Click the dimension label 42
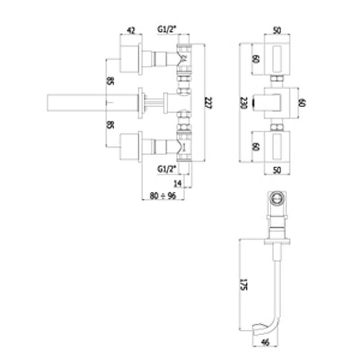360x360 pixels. point(131,30)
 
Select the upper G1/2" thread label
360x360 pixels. point(167,29)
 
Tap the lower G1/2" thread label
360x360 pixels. point(167,169)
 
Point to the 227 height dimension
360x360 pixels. point(209,103)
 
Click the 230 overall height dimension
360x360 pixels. point(243,103)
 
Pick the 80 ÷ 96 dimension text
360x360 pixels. point(163,196)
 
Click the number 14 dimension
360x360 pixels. point(178,184)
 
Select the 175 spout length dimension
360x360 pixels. point(243,285)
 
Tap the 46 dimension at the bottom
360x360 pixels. point(265,342)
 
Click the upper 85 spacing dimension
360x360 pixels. point(110,81)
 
